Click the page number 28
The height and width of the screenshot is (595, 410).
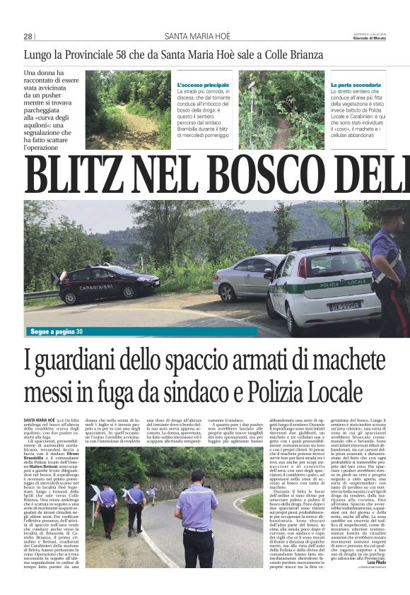click(x=28, y=36)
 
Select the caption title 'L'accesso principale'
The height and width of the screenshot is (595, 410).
click(x=203, y=85)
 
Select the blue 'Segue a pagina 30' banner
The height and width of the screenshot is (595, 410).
click(x=57, y=331)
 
